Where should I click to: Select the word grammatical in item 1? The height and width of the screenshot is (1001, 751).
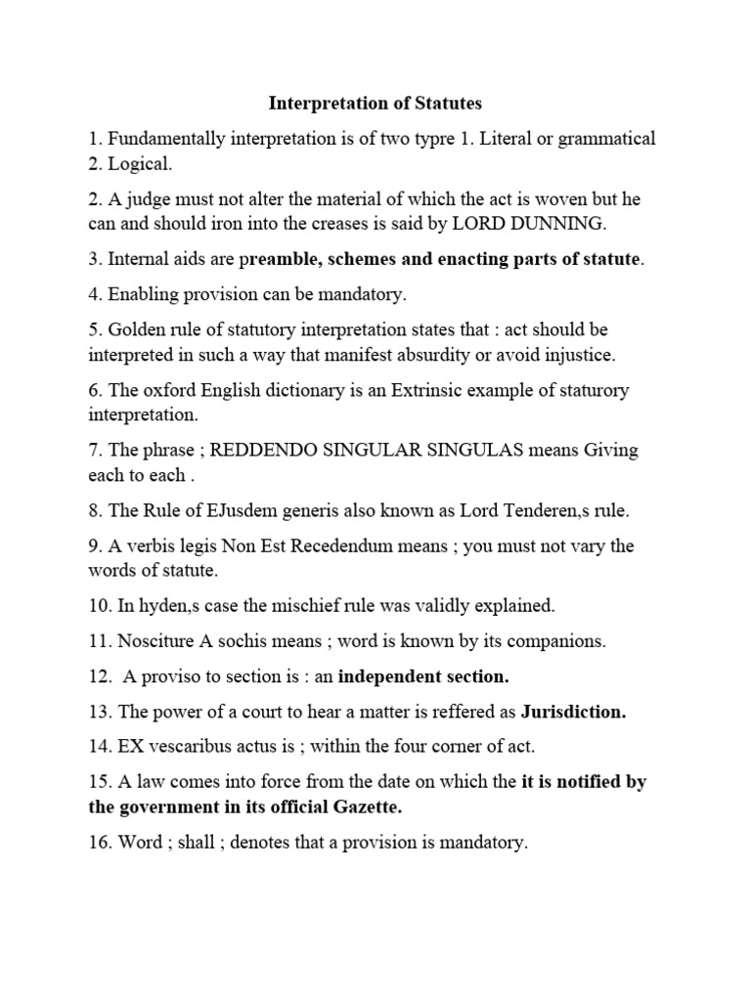pyautogui.click(x=606, y=138)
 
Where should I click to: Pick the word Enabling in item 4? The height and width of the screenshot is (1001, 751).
pyautogui.click(x=143, y=293)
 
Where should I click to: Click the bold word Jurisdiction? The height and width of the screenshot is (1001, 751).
pyautogui.click(x=573, y=712)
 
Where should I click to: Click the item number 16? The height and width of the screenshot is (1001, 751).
pyautogui.click(x=98, y=843)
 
